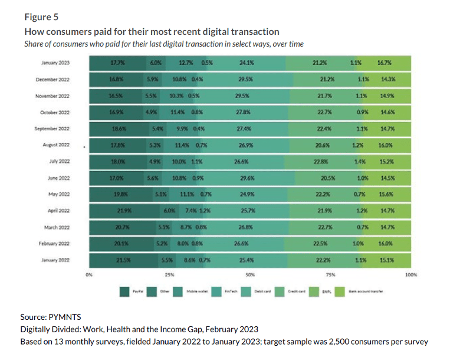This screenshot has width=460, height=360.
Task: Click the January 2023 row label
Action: click(56, 63)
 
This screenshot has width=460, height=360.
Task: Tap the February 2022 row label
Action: click(54, 243)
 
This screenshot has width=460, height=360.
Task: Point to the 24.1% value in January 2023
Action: click(247, 63)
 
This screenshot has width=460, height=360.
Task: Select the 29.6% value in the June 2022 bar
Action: click(248, 178)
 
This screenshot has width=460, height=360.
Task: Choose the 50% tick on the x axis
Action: click(250, 274)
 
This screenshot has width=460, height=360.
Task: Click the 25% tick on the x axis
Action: click(169, 274)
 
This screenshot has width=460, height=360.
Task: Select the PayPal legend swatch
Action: click(124, 292)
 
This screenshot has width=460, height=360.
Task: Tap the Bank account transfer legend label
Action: click(366, 292)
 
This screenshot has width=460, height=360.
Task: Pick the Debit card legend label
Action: click(262, 292)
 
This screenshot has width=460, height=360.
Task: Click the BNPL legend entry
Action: click(326, 292)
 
